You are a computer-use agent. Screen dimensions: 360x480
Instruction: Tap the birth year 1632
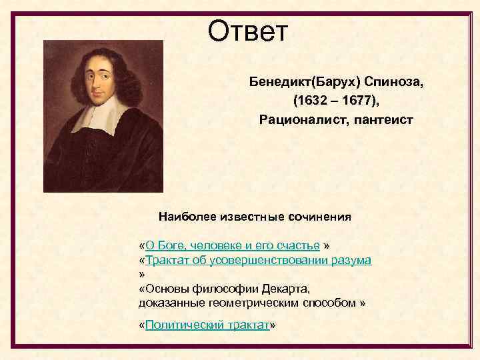(x=311, y=101)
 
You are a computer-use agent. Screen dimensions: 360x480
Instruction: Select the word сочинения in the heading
(x=319, y=217)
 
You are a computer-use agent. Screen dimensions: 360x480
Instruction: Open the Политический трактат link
(x=207, y=325)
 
